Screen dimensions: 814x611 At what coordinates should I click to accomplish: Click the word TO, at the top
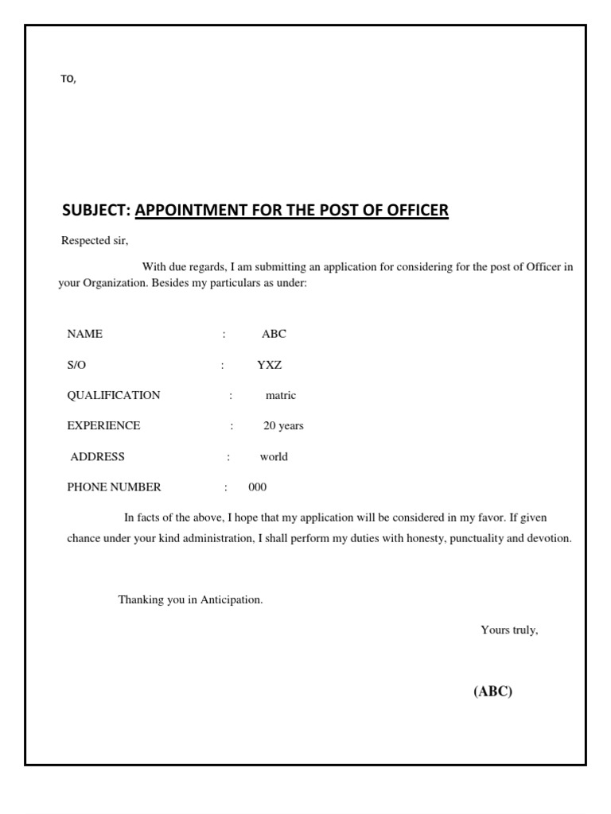click(68, 79)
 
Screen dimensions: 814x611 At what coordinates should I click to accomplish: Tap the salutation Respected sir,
click(95, 241)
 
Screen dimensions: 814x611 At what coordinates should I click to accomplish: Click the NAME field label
click(85, 334)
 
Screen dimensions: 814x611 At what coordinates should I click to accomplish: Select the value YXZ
click(269, 365)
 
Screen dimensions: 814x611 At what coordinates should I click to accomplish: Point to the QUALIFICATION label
click(114, 395)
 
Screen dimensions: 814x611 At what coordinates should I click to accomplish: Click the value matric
click(281, 395)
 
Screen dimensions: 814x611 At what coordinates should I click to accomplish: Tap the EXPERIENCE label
click(103, 425)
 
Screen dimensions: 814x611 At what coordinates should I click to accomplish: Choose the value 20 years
click(283, 425)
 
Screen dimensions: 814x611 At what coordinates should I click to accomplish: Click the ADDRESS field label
click(98, 456)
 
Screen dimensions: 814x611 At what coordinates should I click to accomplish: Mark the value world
click(274, 456)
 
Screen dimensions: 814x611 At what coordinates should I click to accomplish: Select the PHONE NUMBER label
click(114, 486)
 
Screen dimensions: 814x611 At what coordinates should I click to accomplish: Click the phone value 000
click(258, 486)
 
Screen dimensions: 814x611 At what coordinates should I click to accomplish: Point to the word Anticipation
click(232, 599)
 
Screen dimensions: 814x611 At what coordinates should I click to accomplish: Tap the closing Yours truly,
click(509, 630)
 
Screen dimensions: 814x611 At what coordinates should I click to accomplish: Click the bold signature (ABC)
click(493, 691)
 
